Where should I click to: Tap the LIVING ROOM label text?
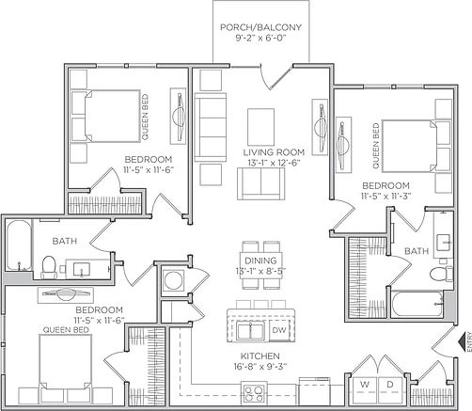click(x=272, y=152)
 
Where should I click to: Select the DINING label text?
click(x=260, y=260)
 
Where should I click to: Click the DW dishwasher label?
click(x=279, y=331)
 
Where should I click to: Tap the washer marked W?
click(x=364, y=384)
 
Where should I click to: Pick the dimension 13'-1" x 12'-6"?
click(x=272, y=164)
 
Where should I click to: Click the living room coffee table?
click(x=260, y=125)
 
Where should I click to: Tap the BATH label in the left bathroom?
click(x=65, y=242)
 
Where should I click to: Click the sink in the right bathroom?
click(x=444, y=234)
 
